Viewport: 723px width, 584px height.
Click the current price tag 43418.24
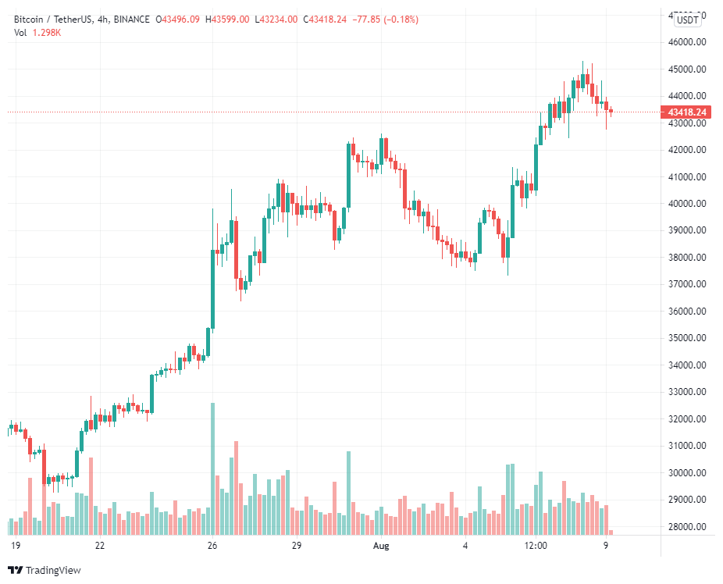687,112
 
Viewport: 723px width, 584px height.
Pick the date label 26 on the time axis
212,546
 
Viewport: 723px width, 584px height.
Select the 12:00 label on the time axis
534,546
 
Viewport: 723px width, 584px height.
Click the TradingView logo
45,571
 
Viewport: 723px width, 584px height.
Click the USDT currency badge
689,20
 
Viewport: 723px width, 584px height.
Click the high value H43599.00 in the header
227,19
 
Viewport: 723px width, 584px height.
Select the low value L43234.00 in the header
276,19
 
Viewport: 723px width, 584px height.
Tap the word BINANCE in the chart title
130,19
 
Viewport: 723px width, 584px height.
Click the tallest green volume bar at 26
212,468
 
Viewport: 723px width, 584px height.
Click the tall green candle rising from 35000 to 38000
212,289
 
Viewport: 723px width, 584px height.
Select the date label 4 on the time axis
465,546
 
